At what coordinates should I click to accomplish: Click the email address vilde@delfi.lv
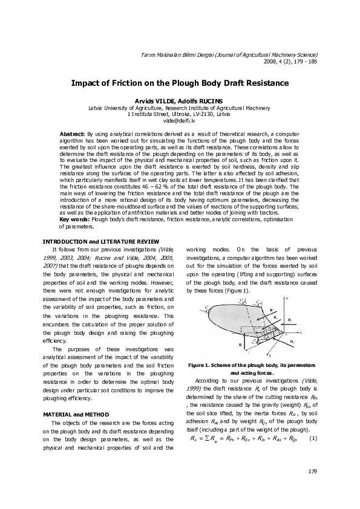click(180, 120)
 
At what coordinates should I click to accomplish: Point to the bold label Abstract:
click(73, 132)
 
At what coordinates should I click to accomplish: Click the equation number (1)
click(313, 438)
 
